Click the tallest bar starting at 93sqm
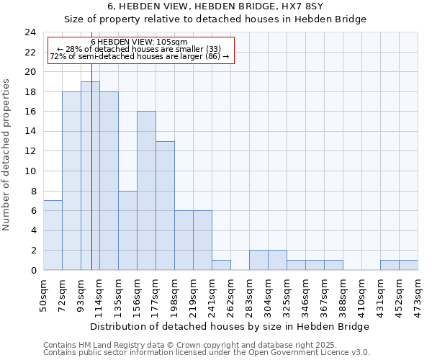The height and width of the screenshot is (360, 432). [x=90, y=176]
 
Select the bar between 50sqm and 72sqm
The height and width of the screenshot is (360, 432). [x=53, y=235]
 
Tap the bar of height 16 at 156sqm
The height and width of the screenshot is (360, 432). [x=146, y=191]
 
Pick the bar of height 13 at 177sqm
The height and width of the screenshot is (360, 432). [x=165, y=206]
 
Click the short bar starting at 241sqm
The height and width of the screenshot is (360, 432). [x=221, y=265]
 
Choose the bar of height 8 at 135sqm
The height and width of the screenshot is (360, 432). [x=127, y=230]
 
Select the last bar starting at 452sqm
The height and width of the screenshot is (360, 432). [x=408, y=265]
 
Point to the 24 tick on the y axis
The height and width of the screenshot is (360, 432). [x=30, y=32]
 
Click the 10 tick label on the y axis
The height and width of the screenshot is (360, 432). [x=30, y=171]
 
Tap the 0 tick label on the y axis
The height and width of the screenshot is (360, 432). [x=33, y=271]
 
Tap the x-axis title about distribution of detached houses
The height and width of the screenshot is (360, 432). [x=230, y=326]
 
